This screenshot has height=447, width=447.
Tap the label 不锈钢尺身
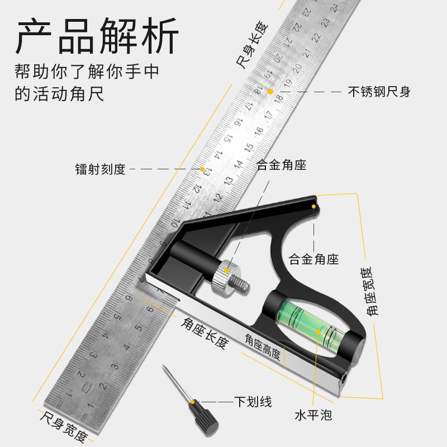[x=379, y=92]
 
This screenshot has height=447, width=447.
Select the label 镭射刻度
[x=101, y=169]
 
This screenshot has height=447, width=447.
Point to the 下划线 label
[x=253, y=401]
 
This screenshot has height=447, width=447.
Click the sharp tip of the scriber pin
[x=163, y=366]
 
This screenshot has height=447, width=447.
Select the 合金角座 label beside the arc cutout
[x=313, y=259]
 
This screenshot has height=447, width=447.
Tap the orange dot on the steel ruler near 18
[x=270, y=91]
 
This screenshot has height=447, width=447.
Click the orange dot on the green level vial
[x=319, y=331]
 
